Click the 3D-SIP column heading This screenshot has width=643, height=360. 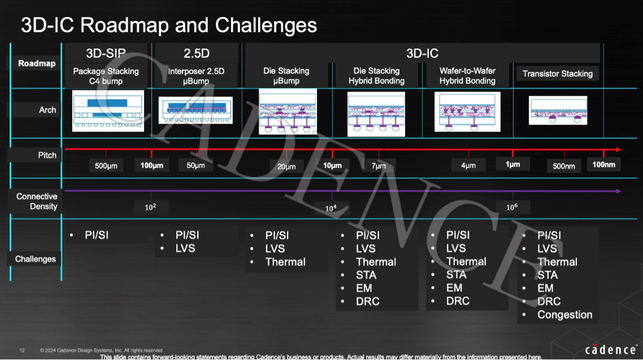click(106, 53)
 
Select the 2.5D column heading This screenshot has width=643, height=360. click(197, 53)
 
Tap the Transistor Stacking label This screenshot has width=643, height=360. click(557, 74)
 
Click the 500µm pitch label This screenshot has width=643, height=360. click(106, 166)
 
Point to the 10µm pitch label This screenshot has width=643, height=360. click(332, 166)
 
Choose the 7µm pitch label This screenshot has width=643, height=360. click(379, 166)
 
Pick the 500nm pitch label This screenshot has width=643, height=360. click(564, 166)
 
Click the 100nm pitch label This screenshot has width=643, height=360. click(603, 164)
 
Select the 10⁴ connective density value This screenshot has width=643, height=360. click(331, 209)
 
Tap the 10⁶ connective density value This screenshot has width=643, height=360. click(512, 207)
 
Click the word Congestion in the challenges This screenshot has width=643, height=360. click(564, 315)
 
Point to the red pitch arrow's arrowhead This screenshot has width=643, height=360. click(618, 150)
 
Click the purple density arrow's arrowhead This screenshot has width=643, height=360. click(618, 191)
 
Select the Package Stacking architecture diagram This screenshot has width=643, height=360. click(108, 111)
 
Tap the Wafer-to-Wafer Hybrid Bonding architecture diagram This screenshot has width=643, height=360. click(467, 112)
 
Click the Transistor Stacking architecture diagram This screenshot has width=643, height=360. click(558, 110)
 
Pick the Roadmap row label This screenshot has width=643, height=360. click(37, 63)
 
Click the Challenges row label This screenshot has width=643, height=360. click(35, 259)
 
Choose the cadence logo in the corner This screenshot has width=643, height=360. click(611, 350)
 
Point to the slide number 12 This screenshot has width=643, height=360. click(22, 350)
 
